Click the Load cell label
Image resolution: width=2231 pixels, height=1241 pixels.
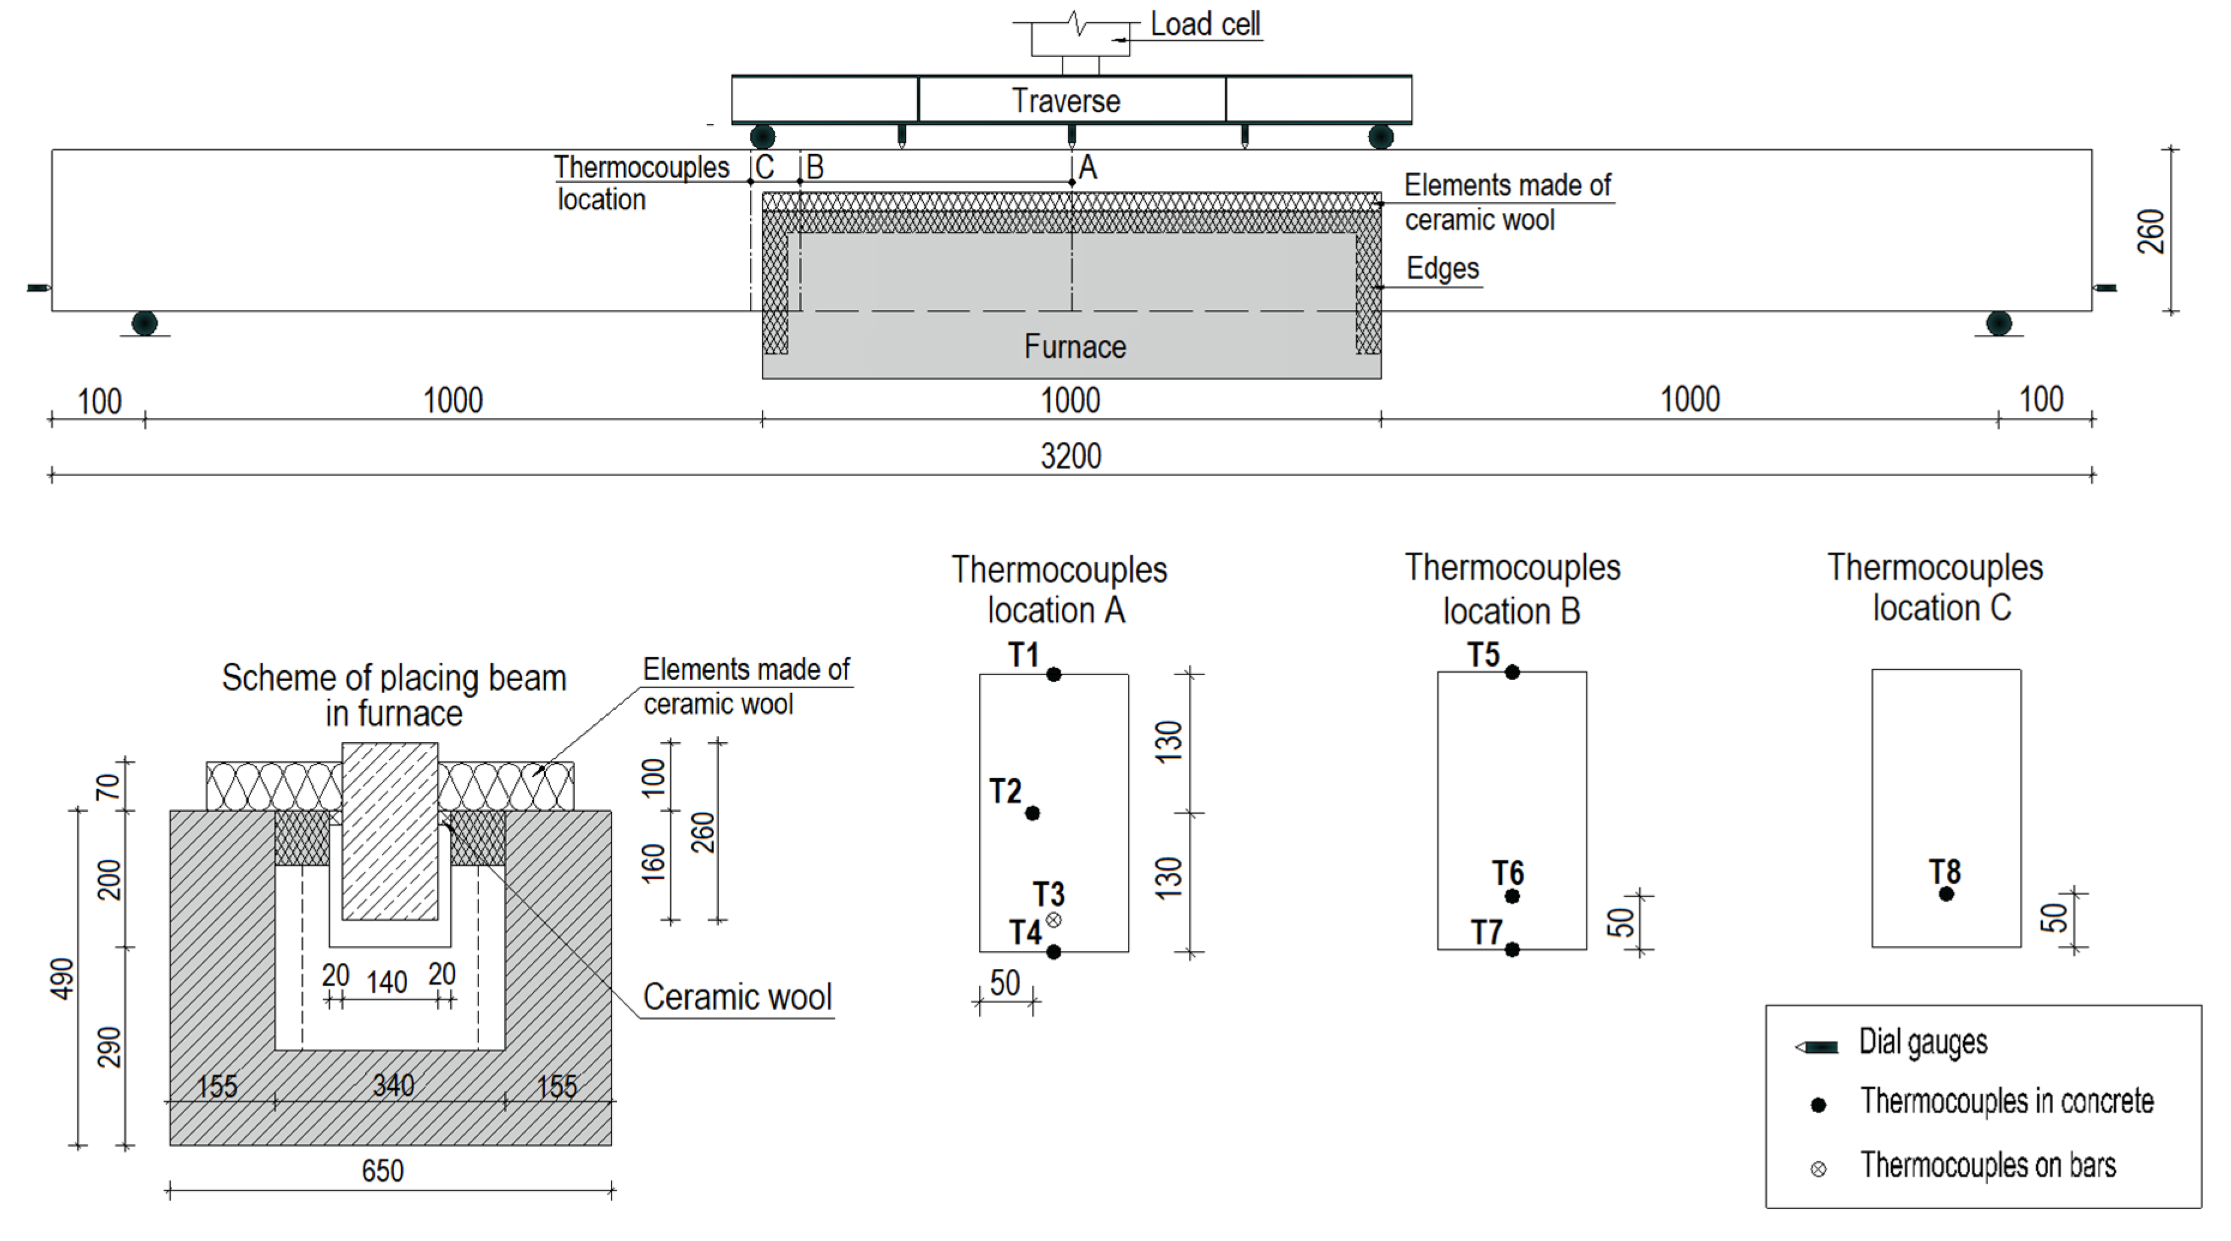click(x=1204, y=24)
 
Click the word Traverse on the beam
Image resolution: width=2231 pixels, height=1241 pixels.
click(x=1065, y=101)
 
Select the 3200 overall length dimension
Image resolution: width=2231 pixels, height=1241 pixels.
click(x=1070, y=456)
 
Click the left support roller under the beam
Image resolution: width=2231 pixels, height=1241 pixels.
click(x=144, y=323)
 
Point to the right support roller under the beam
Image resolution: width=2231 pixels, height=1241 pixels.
click(x=1998, y=323)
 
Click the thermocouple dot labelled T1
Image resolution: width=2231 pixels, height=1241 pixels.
click(x=1053, y=674)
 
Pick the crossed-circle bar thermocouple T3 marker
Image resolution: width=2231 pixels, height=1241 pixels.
click(x=1053, y=920)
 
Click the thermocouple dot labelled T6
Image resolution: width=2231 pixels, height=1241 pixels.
click(x=1512, y=896)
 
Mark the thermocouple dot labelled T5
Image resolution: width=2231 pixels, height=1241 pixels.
click(x=1512, y=672)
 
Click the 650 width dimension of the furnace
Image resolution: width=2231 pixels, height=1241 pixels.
click(x=382, y=1171)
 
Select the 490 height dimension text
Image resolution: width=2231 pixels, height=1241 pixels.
click(x=62, y=978)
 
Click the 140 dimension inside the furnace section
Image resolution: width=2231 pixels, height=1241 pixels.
click(x=386, y=982)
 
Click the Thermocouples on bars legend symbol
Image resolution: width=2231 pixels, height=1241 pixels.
click(x=1818, y=1169)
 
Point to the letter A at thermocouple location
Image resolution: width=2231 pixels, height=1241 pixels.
click(x=1088, y=167)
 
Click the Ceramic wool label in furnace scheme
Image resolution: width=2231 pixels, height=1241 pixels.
click(x=736, y=997)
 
